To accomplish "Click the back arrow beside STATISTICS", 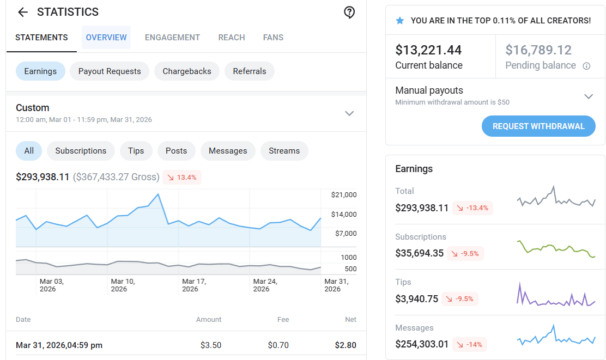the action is (x=23, y=13).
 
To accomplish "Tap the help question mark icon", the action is (x=349, y=13).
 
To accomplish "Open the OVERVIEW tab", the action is (x=106, y=38).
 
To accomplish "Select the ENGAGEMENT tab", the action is (x=172, y=38).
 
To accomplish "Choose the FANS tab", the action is (x=273, y=38).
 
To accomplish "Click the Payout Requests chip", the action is (x=110, y=71).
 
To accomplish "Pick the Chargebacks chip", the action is (x=187, y=71).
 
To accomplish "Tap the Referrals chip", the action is (x=249, y=71).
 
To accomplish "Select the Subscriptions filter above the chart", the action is (x=81, y=151).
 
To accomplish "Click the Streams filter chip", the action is (x=284, y=151).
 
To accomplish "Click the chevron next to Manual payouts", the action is (x=589, y=96).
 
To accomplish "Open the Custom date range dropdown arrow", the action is (x=349, y=113).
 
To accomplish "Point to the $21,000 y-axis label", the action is (x=344, y=194).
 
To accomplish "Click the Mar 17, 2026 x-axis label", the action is (x=194, y=285).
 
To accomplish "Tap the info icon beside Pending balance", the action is (x=586, y=66).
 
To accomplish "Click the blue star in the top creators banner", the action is (x=400, y=21).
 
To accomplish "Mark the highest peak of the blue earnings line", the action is (x=158, y=194).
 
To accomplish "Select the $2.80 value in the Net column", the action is (x=346, y=345).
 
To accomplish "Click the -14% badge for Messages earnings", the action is (x=470, y=345).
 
